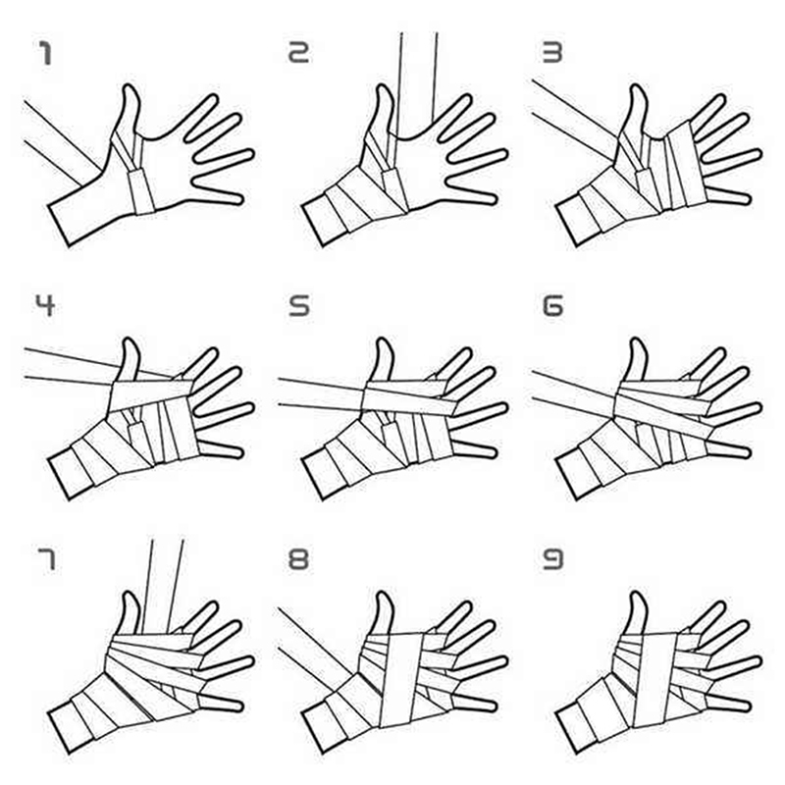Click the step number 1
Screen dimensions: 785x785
pyautogui.click(x=45, y=54)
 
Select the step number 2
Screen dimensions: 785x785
pyautogui.click(x=299, y=52)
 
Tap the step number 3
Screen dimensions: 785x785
pyautogui.click(x=552, y=52)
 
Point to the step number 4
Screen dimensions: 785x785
pyautogui.click(x=45, y=305)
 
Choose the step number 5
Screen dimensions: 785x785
pyautogui.click(x=299, y=305)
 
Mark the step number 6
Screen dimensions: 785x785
pyautogui.click(x=553, y=305)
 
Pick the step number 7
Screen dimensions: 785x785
pyautogui.click(x=46, y=559)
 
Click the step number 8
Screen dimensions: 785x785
pyautogui.click(x=298, y=558)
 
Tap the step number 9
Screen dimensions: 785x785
pyautogui.click(x=553, y=558)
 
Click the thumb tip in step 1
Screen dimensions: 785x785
pyautogui.click(x=131, y=86)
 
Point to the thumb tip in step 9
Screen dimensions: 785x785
pyautogui.click(x=639, y=594)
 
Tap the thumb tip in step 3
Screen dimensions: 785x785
pyautogui.click(x=639, y=86)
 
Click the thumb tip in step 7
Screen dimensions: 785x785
pyautogui.click(x=131, y=594)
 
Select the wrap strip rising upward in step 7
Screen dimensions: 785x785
pyautogui.click(x=163, y=586)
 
